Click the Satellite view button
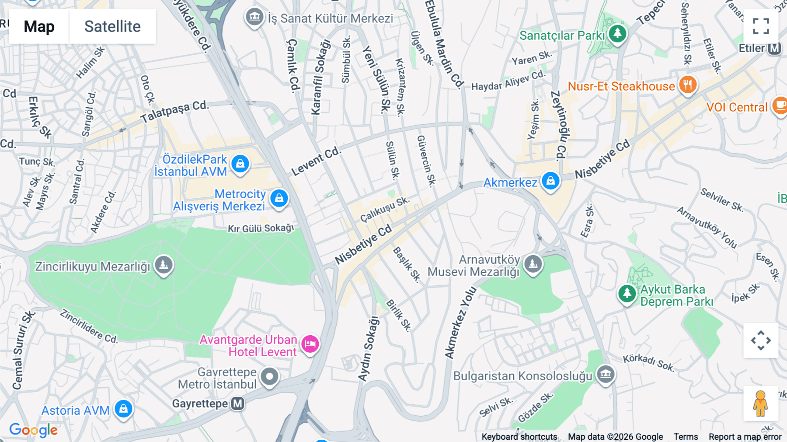click(x=112, y=26)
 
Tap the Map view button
click(x=39, y=26)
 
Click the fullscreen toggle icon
click(x=761, y=26)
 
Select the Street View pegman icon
click(x=760, y=403)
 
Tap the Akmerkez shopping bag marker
click(x=550, y=180)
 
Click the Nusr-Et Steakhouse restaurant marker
click(x=687, y=85)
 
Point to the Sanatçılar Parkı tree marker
click(x=617, y=33)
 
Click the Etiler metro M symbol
click(x=774, y=48)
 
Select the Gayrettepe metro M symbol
click(x=237, y=403)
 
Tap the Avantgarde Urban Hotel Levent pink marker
click(x=310, y=344)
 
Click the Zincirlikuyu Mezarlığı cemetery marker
click(x=164, y=265)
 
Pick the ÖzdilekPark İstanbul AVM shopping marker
click(x=240, y=164)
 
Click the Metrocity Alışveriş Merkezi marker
click(x=279, y=198)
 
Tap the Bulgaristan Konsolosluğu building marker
click(x=606, y=374)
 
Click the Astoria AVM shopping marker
click(x=123, y=409)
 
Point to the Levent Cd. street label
click(x=316, y=161)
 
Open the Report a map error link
click(x=745, y=437)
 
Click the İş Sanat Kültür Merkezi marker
click(x=254, y=18)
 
